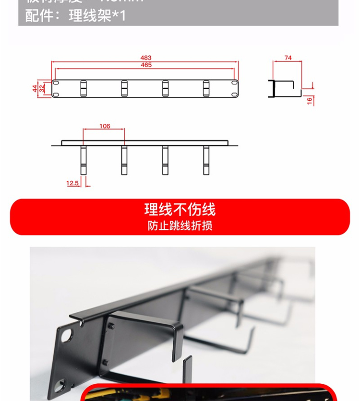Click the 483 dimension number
click(146, 58)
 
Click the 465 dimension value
click(146, 65)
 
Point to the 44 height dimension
click(35, 88)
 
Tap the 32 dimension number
click(42, 88)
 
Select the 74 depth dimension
click(288, 58)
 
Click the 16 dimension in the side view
click(310, 100)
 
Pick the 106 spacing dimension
click(105, 126)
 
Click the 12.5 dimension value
click(72, 183)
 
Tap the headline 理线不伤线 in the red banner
click(180, 210)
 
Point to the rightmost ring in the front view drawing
click(206, 88)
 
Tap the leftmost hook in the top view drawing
click(84, 160)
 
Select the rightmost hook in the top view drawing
click(206, 160)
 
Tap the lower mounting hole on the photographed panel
click(60, 384)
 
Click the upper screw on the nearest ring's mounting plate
click(112, 326)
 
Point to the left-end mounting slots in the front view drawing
click(56, 88)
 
